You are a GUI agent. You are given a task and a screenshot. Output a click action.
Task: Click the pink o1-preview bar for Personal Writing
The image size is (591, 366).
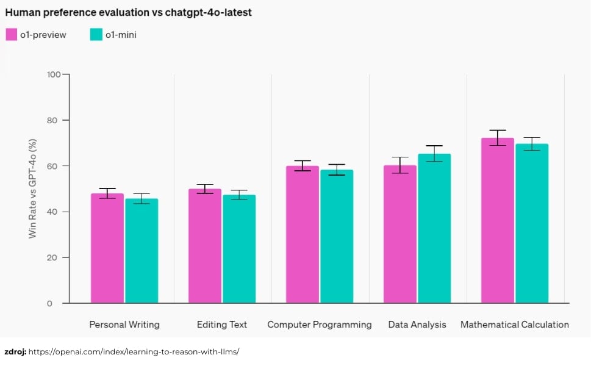coord(107,248)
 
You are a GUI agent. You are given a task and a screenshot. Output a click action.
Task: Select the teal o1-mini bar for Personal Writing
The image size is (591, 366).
coord(141,251)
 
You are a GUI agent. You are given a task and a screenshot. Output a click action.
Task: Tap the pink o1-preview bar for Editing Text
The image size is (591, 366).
coord(205,246)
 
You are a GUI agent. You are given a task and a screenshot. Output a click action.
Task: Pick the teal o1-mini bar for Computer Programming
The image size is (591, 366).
coord(337,236)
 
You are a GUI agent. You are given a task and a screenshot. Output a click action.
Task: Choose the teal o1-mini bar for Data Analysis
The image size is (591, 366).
coord(434,228)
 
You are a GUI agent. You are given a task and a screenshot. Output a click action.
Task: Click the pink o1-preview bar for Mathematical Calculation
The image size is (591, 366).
coord(498,220)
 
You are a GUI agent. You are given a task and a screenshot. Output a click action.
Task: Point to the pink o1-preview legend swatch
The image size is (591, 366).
coord(12,34)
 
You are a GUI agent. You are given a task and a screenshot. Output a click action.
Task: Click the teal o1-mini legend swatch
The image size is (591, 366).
coord(96,34)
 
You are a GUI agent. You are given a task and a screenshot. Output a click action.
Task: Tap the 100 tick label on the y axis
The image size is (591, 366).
coord(54,74)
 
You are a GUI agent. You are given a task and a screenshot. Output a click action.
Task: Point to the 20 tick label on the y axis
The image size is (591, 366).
coord(52,257)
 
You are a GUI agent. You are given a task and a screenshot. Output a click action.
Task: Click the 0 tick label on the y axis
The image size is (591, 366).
coord(49,303)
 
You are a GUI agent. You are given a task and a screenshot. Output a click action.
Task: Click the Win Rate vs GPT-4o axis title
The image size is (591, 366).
coord(32,188)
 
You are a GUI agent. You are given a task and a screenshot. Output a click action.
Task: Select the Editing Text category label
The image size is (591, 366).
coord(221,325)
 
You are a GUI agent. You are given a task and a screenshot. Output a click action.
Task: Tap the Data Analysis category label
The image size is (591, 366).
coord(417,325)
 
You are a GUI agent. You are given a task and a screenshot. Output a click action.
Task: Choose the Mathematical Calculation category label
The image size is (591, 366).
coord(515,325)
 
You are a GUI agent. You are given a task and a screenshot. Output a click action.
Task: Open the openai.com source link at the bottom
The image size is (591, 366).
coord(134,352)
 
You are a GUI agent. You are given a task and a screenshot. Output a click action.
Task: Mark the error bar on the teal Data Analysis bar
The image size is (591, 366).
coord(434,153)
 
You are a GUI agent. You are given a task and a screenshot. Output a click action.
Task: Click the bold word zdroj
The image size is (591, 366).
coord(15,352)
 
